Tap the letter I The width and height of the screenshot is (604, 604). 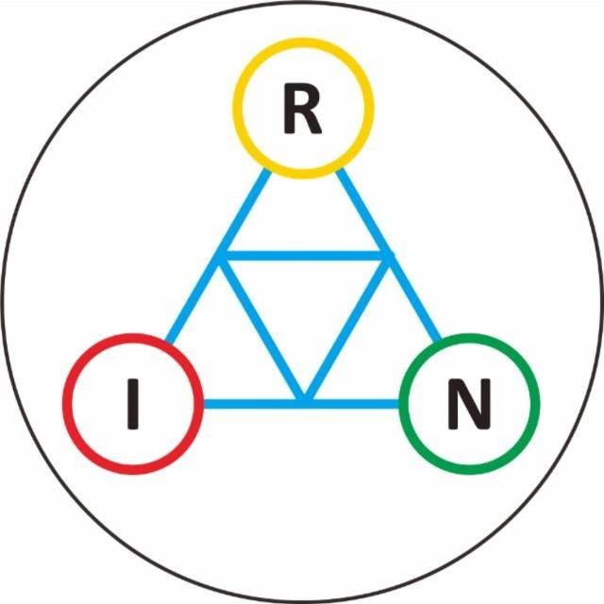click(133, 404)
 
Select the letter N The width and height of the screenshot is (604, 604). click(469, 404)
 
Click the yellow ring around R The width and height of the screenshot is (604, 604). click(233, 109)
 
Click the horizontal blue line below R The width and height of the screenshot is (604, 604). click(304, 256)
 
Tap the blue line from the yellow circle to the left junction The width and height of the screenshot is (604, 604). click(243, 212)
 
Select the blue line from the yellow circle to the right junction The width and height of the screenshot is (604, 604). click(362, 212)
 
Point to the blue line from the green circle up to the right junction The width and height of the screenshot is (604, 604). click(413, 298)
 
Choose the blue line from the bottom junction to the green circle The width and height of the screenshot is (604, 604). click(352, 404)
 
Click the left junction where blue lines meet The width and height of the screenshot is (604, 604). click(220, 256)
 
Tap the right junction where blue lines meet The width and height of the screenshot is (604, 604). click(388, 256)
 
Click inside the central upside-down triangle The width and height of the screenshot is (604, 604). click(304, 309)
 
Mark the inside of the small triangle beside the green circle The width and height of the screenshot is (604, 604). click(379, 355)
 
